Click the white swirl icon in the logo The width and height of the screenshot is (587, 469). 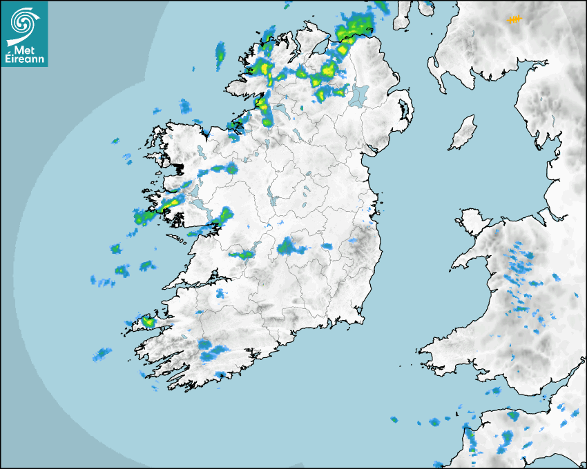click(x=25, y=21)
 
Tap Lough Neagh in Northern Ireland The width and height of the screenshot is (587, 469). click(x=358, y=95)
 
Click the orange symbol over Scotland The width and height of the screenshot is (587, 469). click(x=514, y=20)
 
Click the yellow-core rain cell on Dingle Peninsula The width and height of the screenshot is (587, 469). click(x=148, y=321)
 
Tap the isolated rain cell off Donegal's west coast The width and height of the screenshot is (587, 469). click(x=220, y=52)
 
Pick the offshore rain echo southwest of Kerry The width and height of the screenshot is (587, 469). click(x=102, y=354)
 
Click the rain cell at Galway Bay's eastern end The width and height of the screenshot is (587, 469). click(x=220, y=219)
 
